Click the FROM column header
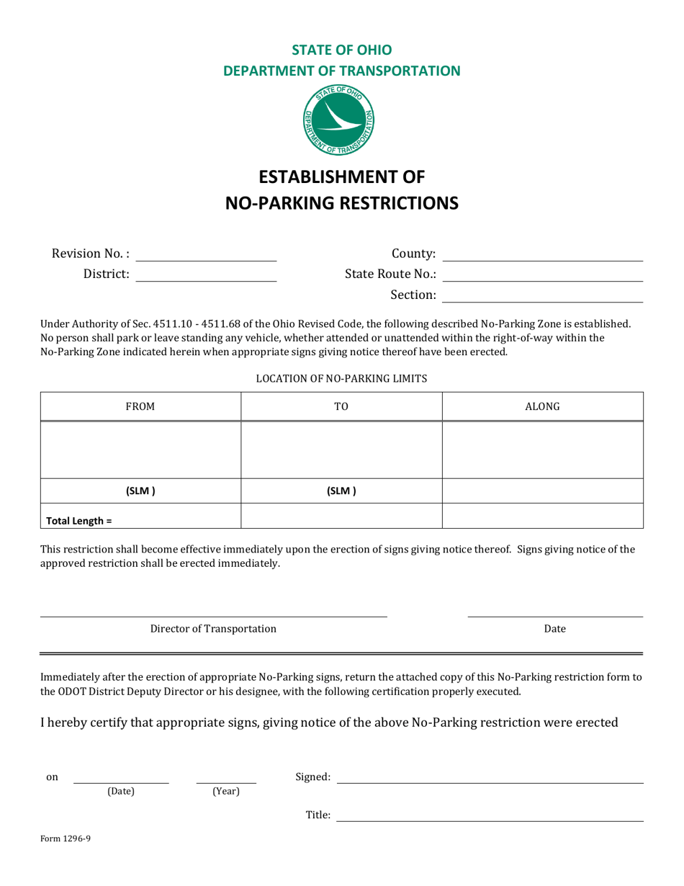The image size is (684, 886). tap(140, 407)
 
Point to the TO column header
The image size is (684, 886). tap(341, 407)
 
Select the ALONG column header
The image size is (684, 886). tap(542, 407)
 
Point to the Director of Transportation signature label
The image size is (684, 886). tap(213, 629)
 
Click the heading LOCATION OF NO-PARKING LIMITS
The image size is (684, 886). tap(341, 378)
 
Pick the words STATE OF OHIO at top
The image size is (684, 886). tap(341, 50)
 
